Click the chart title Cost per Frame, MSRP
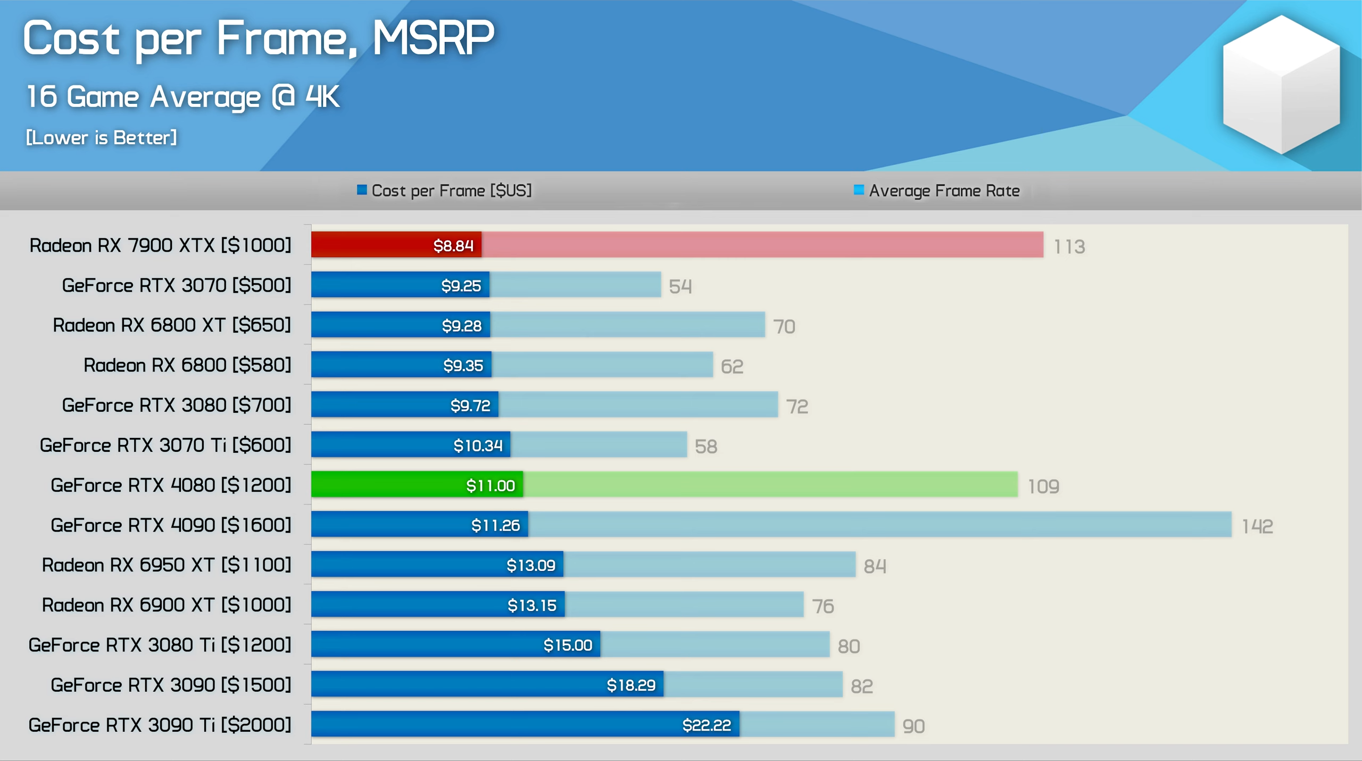[259, 38]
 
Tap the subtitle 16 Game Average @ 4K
[182, 97]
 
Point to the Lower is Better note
[101, 138]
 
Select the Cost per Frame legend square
[362, 190]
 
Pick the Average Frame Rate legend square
[858, 190]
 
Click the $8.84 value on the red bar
[453, 245]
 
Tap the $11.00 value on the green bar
[490, 485]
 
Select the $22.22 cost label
[707, 725]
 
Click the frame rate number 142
[1257, 526]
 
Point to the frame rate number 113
[1069, 247]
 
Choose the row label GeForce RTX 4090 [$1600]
[171, 525]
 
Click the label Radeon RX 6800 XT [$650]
[172, 325]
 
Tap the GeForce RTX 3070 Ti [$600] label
[165, 445]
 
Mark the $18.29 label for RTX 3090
[631, 685]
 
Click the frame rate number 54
[680, 287]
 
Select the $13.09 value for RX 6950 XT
[530, 565]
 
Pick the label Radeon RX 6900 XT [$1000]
[167, 605]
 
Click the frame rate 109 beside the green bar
[1043, 486]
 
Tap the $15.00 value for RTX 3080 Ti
[568, 645]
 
